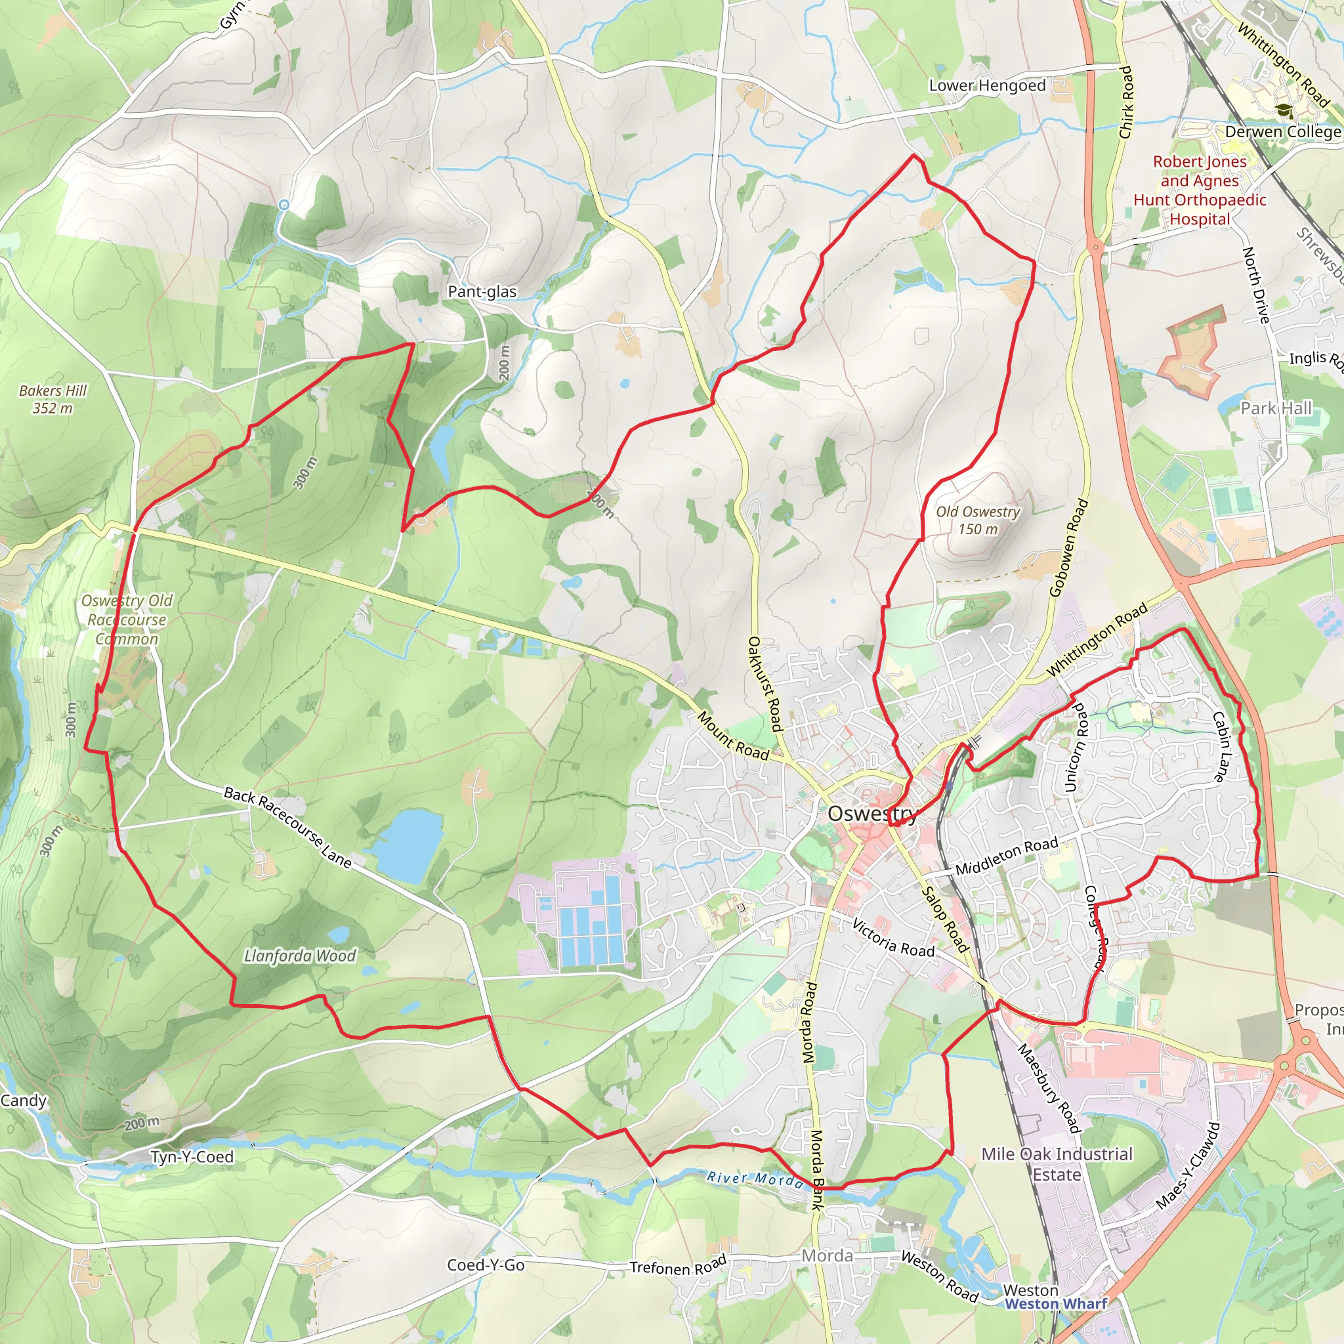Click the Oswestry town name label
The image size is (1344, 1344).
click(872, 813)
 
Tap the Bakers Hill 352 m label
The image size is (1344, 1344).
click(53, 399)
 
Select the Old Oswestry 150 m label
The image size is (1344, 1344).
click(977, 520)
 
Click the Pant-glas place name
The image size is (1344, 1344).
click(482, 291)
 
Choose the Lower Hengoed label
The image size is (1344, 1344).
click(987, 85)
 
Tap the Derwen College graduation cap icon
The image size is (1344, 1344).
click(1284, 110)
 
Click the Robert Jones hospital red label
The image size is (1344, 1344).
click(1200, 190)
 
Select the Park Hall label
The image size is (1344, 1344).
click(1276, 408)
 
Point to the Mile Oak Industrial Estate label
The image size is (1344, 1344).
click(1057, 1164)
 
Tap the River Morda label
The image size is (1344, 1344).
click(755, 1179)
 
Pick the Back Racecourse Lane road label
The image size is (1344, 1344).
click(287, 827)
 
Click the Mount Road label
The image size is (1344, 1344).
click(733, 735)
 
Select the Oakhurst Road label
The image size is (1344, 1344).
click(765, 683)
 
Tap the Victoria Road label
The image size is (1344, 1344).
click(893, 938)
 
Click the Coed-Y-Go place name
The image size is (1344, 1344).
click(486, 1265)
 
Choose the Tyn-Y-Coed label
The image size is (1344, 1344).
click(192, 1157)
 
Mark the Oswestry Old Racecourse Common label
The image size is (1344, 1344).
click(127, 619)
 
